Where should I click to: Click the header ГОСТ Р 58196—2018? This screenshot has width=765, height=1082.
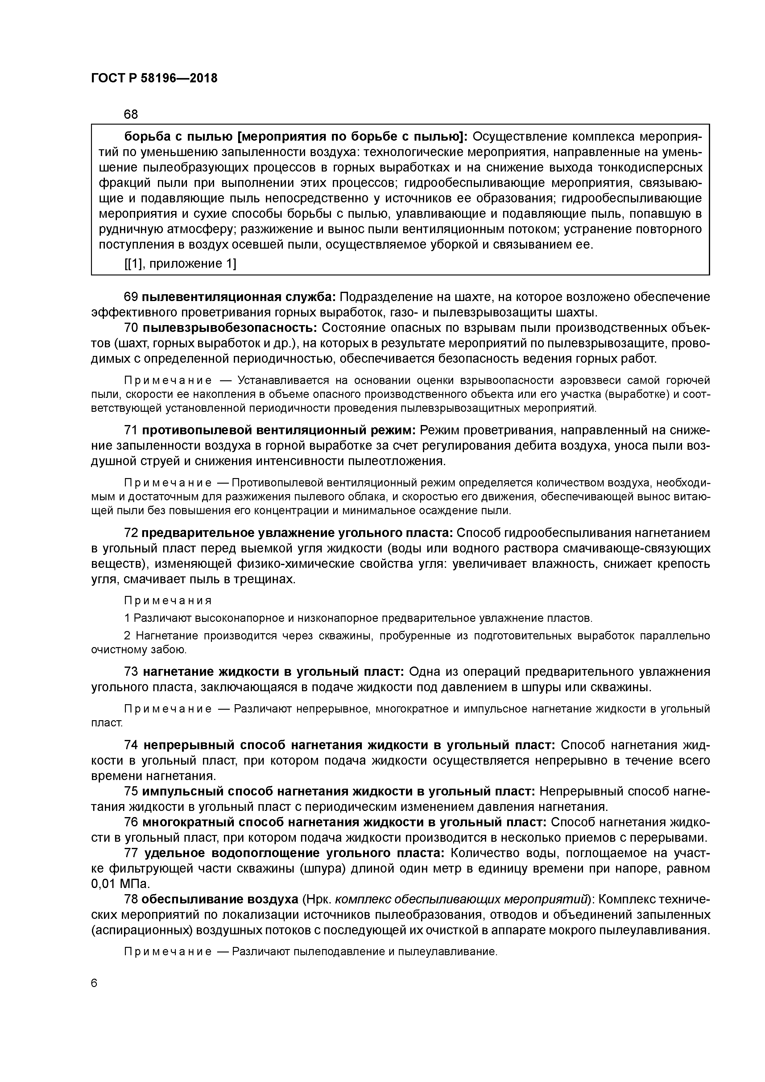coord(154,78)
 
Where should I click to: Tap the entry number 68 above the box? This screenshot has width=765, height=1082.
coord(130,114)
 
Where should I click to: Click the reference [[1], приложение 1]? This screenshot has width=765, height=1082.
coord(180,264)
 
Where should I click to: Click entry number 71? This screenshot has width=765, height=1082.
coord(130,430)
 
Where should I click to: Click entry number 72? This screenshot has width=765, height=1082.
coord(130,533)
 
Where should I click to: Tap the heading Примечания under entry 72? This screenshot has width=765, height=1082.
coord(168,601)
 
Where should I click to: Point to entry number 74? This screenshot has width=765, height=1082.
coord(130,745)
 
